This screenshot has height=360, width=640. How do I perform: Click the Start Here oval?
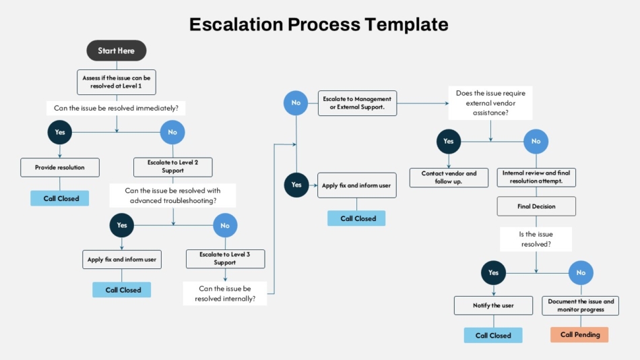[117, 51]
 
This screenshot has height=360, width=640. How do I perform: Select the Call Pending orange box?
[579, 334]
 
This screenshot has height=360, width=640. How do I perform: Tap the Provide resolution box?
[60, 168]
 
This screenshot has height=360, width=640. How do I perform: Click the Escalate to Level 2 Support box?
[172, 167]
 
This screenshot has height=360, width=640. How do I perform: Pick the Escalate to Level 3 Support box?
[225, 259]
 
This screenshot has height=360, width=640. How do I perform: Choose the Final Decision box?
[536, 206]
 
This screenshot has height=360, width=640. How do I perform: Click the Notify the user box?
[493, 305]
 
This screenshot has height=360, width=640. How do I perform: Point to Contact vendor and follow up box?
[449, 177]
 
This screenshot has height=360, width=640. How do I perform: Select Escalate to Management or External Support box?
[357, 103]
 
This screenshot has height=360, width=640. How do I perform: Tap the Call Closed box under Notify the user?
[493, 336]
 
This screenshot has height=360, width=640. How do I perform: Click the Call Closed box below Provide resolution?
[59, 198]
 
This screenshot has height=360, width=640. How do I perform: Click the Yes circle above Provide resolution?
[59, 132]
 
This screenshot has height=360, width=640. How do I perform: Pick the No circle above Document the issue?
[581, 272]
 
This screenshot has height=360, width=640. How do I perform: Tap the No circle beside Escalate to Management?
[296, 103]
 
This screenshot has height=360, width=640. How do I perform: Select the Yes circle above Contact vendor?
[449, 142]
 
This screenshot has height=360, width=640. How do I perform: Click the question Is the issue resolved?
[536, 239]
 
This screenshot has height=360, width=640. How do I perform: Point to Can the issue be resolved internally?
[225, 293]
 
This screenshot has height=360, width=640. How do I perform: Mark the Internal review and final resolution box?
[536, 177]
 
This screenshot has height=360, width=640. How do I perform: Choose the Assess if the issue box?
[117, 82]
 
